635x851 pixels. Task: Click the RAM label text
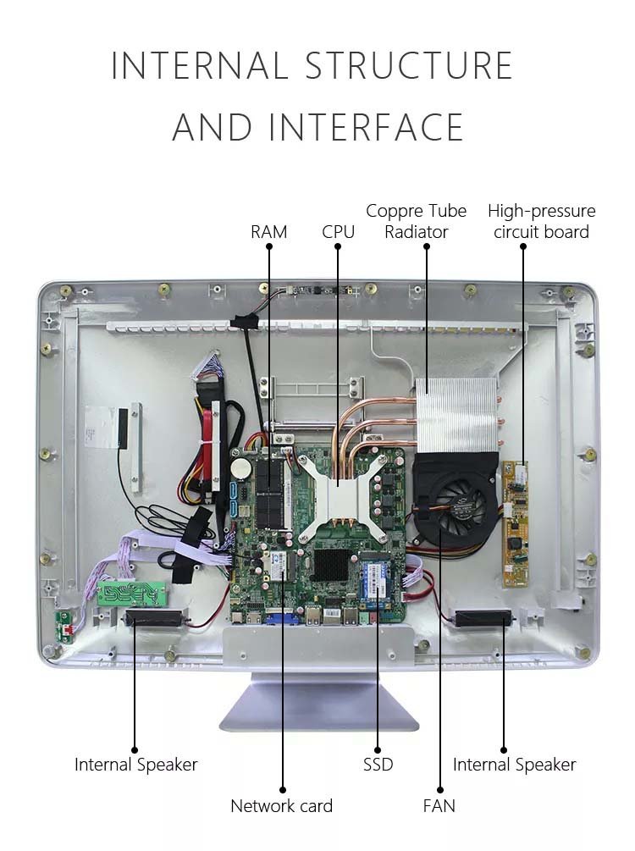click(x=268, y=231)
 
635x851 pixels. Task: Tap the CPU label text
click(x=338, y=231)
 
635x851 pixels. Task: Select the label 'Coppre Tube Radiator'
click(x=416, y=221)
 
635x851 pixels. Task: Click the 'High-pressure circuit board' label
click(x=541, y=221)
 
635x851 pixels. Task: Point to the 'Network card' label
click(x=281, y=805)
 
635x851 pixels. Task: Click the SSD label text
click(x=378, y=765)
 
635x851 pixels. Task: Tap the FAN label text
click(x=439, y=805)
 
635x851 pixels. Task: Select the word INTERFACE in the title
click(x=366, y=127)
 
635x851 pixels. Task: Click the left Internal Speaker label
click(x=135, y=765)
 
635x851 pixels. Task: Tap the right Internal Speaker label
click(x=514, y=765)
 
